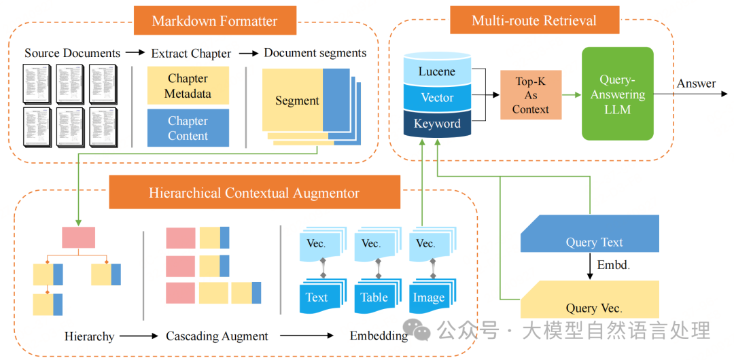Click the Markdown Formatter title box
coord(215,20)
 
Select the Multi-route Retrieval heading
coord(534,20)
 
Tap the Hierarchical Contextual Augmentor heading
coord(254,194)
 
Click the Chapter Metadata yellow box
coord(188,86)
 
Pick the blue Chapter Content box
coord(188,128)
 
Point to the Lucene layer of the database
coord(437,72)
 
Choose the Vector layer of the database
coord(437,98)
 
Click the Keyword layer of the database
coord(437,124)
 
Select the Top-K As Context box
coord(531,95)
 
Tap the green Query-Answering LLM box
coord(617,94)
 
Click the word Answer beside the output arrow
coord(696,84)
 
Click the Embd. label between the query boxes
coord(613,266)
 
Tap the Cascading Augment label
coord(217,336)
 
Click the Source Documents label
coord(72,53)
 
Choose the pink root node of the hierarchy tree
coord(79,237)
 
